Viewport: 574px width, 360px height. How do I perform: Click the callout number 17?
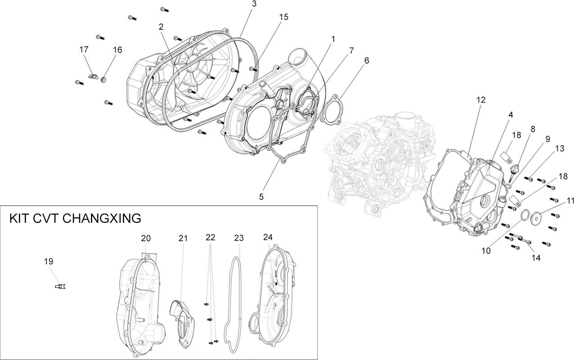(84, 49)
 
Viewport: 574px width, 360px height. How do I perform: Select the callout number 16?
(118, 50)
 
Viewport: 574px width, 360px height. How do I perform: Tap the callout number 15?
(284, 17)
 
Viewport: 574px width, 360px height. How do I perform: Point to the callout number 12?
(481, 100)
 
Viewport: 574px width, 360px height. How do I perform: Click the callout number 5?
(261, 197)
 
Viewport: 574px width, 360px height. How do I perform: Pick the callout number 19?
(49, 261)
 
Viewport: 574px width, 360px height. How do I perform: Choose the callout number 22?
(210, 238)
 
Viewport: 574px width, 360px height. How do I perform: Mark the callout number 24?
(268, 237)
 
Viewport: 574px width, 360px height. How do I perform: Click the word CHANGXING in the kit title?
(102, 219)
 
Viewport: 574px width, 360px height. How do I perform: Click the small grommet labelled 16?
(104, 80)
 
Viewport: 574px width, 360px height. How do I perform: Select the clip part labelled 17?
(93, 76)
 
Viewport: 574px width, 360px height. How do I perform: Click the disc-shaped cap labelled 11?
(536, 218)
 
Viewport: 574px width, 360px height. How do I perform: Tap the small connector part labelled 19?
(60, 286)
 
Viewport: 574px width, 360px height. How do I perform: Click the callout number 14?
(536, 258)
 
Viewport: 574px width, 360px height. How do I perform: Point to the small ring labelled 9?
(509, 186)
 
